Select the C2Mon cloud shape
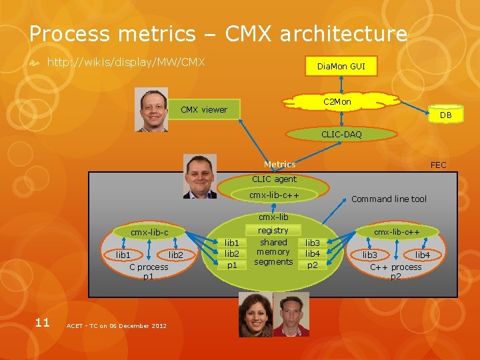[337, 102]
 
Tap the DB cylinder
[445, 115]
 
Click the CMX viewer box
[204, 109]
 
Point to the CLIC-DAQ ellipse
[341, 135]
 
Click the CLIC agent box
[274, 179]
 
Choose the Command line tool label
[389, 199]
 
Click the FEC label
[438, 165]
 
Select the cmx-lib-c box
[149, 232]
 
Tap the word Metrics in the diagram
[279, 164]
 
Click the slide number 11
[42, 323]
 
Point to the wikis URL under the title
[125, 63]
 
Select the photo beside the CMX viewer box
[151, 110]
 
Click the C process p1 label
[149, 271]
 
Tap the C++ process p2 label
[396, 271]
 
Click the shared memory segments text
[273, 252]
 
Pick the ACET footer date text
[117, 325]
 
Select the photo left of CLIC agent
[199, 177]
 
